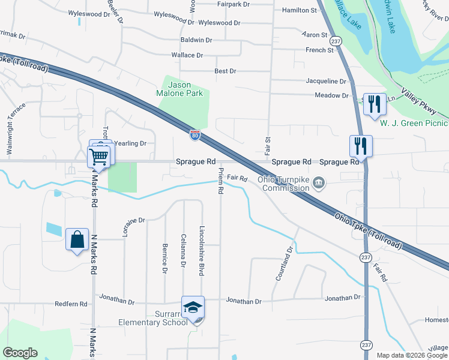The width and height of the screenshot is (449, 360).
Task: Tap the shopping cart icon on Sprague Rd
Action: coord(98,157)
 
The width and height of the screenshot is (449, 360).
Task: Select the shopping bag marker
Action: coord(77,240)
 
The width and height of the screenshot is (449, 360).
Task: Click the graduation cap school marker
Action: coord(193,308)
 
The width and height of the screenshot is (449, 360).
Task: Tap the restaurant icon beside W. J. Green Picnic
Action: coord(374,104)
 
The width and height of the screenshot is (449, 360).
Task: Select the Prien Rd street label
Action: coord(221,181)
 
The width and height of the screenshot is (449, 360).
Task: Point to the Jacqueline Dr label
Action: coord(327,81)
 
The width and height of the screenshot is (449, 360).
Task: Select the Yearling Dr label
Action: coord(131,143)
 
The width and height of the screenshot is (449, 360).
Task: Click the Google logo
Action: coord(20,353)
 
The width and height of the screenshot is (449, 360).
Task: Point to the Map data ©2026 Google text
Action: coord(412,355)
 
